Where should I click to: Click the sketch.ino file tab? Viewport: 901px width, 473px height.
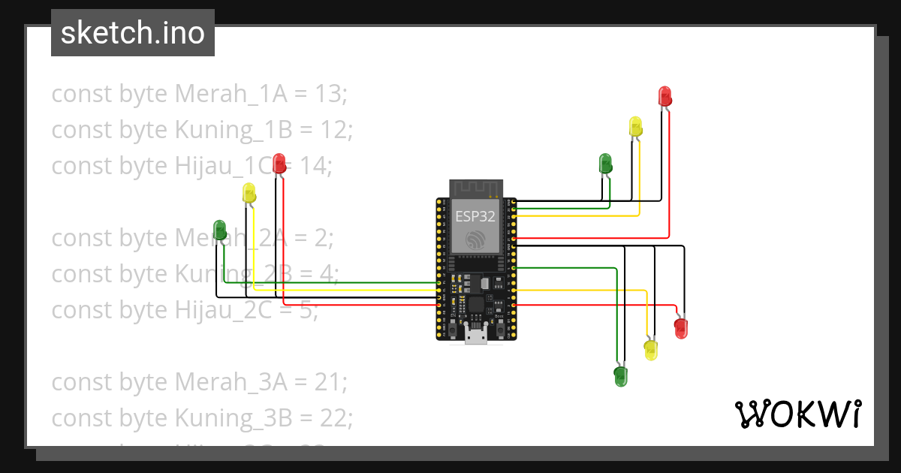tap(132, 33)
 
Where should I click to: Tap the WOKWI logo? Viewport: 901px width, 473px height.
tap(797, 414)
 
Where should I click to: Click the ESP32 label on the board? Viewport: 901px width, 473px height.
tap(475, 217)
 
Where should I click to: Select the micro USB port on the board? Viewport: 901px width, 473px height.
tap(475, 335)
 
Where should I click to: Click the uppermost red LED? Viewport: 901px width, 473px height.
tap(664, 96)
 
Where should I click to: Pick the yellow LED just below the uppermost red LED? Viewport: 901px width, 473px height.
tap(635, 126)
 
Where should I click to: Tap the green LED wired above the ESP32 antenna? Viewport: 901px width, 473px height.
tap(605, 163)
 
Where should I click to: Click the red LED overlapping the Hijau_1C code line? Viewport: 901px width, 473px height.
tap(279, 163)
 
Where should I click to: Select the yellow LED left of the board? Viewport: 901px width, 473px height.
tap(249, 193)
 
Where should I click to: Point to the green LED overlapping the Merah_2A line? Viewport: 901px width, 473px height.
tap(220, 229)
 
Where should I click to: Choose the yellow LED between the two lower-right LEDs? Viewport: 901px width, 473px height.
tap(650, 349)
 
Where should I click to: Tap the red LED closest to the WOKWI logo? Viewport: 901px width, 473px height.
tap(680, 327)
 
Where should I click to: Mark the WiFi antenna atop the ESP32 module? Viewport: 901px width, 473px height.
tap(475, 188)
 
